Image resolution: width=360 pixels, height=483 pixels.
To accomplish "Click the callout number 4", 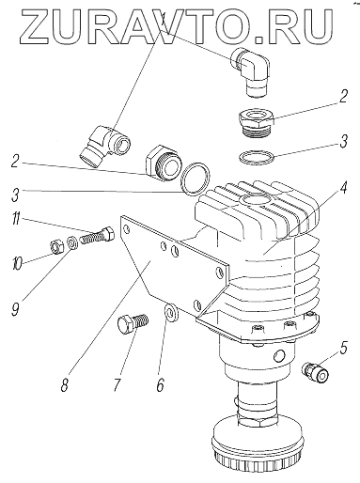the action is pos(344,187).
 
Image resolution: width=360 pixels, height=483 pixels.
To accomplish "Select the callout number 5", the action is pos(343,348).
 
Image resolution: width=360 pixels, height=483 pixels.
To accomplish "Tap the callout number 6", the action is pos(160,384).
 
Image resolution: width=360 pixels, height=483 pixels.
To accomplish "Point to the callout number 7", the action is pos(117,384).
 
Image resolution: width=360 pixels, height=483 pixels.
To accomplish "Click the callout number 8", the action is pos(64,384).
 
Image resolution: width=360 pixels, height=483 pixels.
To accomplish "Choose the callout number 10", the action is pos(17,263).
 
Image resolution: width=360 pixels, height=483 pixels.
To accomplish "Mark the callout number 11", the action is pos(16,219).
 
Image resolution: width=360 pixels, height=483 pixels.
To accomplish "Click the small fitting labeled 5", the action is pos(315,371).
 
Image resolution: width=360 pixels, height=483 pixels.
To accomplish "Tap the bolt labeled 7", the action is pos(133,324).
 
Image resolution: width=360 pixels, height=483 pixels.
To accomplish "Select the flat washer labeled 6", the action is pos(171,312).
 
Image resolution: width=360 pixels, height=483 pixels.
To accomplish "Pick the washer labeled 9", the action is pos(72,243).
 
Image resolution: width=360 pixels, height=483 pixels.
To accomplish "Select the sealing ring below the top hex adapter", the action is pos(257,157).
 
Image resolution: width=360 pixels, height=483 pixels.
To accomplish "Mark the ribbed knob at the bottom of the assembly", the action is pos(257,449).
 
